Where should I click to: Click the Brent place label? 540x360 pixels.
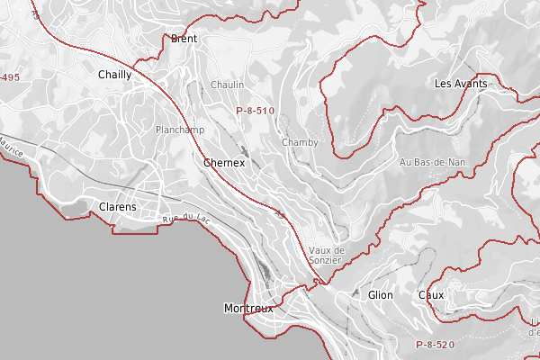pyautogui.click(x=184, y=39)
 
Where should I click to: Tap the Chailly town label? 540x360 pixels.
pyautogui.click(x=114, y=76)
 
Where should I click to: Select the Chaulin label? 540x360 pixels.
pyautogui.click(x=227, y=85)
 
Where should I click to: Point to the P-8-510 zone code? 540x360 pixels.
pyautogui.click(x=255, y=111)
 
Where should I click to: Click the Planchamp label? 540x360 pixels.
pyautogui.click(x=180, y=130)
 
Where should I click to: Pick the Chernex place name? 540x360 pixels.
pyautogui.click(x=224, y=163)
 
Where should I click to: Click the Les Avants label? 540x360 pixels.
pyautogui.click(x=460, y=84)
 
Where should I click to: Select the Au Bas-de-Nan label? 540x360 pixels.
pyautogui.click(x=432, y=162)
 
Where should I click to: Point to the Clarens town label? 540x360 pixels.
pyautogui.click(x=118, y=207)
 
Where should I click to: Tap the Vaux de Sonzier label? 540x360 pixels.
pyautogui.click(x=325, y=255)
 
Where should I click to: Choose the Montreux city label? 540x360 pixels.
pyautogui.click(x=247, y=309)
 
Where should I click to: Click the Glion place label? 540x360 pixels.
pyautogui.click(x=381, y=295)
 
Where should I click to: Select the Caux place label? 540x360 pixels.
pyautogui.click(x=431, y=295)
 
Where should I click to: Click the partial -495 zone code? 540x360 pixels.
pyautogui.click(x=10, y=78)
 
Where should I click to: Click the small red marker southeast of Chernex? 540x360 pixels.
pyautogui.click(x=282, y=214)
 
